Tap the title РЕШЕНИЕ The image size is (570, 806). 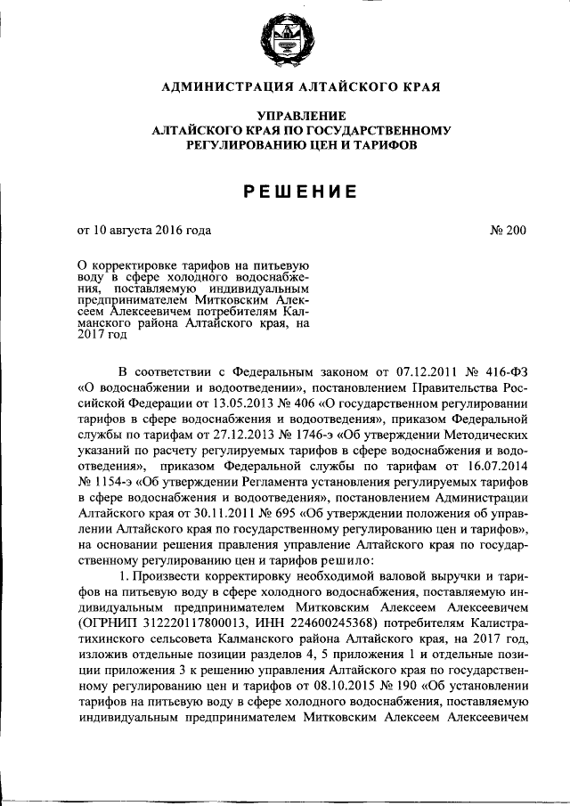coord(284,190)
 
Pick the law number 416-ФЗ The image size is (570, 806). coord(503,372)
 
